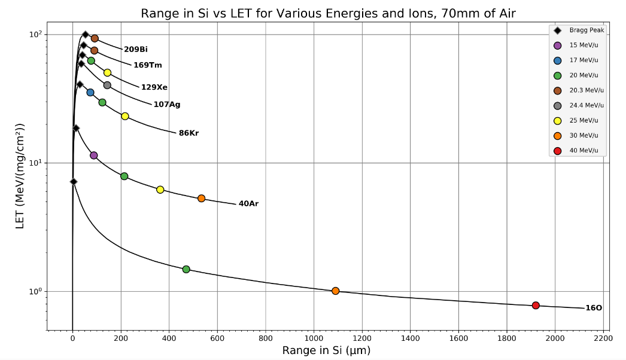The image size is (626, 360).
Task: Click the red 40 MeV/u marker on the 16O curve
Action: tap(536, 306)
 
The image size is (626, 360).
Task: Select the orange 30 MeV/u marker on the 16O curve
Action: tap(335, 291)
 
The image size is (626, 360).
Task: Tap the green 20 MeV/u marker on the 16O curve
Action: tap(186, 269)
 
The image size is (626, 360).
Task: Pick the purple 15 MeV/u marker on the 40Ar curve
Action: tap(93, 155)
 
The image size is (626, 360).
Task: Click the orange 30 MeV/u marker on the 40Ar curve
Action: tap(201, 199)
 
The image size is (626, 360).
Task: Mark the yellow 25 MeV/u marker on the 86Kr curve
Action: tap(125, 116)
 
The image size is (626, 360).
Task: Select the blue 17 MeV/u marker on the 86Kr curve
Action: tap(90, 93)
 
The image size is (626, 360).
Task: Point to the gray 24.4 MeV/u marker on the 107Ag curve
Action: tap(107, 86)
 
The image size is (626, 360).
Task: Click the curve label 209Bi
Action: tap(135, 50)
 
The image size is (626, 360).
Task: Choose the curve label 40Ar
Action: tap(248, 204)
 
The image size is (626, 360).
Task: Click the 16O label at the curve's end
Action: tap(593, 308)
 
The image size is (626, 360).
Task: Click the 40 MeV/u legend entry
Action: tap(584, 151)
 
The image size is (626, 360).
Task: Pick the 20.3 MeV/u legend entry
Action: tap(587, 90)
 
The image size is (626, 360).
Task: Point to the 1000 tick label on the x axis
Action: tap(314, 338)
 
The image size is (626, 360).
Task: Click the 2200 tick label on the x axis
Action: tap(603, 338)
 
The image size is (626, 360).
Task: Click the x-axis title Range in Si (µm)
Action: tap(326, 350)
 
